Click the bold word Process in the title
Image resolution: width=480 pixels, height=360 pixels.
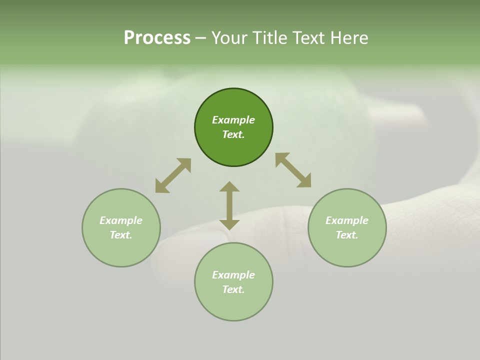(157, 38)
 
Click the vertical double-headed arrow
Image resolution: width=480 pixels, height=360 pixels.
(229, 205)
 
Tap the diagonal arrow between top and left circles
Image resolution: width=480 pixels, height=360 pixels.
(173, 175)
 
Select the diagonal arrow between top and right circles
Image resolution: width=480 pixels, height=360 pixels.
(293, 170)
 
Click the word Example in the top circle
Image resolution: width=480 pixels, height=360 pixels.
(233, 120)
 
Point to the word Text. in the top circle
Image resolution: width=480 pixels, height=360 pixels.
(233, 134)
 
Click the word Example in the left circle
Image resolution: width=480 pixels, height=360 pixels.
(121, 220)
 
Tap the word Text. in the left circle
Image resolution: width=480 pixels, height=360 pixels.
(121, 235)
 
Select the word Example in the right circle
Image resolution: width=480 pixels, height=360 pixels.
(347, 220)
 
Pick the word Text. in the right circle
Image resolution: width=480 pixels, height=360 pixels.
(347, 235)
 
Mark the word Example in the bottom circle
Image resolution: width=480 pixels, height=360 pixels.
(233, 275)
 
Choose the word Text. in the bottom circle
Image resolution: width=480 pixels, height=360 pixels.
(233, 289)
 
